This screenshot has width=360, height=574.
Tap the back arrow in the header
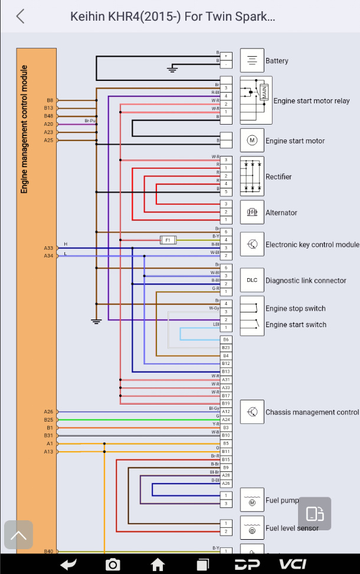(21, 16)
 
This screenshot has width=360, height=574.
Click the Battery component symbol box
(252, 60)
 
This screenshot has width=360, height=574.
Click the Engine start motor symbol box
(252, 141)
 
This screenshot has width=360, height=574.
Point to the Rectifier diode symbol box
(252, 176)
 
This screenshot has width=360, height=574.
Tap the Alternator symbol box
(252, 212)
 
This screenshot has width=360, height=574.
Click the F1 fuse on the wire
(168, 240)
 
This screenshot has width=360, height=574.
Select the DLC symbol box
(252, 280)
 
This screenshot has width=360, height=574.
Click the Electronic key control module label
(312, 244)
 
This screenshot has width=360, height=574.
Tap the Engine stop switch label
(295, 308)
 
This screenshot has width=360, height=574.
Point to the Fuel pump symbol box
(252, 500)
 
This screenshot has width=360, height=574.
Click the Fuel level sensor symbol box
(252, 527)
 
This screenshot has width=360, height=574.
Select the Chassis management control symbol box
(252, 412)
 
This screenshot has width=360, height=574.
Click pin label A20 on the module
(48, 124)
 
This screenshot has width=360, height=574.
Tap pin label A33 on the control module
(48, 248)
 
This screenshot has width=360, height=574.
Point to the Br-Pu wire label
(90, 120)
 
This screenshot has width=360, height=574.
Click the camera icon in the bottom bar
(112, 565)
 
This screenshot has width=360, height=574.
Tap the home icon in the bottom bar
(158, 565)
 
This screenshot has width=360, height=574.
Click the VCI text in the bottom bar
(293, 565)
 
